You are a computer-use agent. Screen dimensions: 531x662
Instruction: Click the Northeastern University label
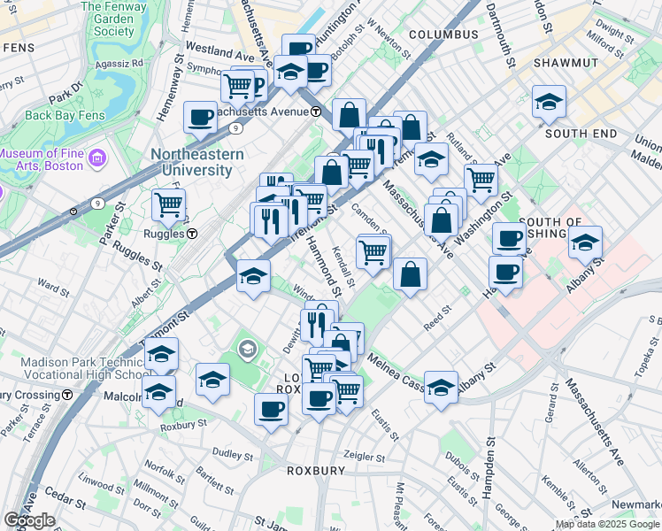click(209, 161)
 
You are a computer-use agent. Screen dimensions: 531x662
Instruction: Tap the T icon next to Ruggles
click(192, 235)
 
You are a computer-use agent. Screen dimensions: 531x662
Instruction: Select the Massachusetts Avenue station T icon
click(316, 112)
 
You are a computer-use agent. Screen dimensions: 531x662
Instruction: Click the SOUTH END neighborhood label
click(581, 134)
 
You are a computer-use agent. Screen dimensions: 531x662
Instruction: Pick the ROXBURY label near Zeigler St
click(315, 471)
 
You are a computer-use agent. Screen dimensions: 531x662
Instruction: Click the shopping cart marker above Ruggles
click(168, 204)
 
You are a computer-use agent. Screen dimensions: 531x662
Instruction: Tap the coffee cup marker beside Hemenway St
click(201, 117)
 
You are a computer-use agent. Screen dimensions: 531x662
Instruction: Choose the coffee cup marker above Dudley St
click(272, 409)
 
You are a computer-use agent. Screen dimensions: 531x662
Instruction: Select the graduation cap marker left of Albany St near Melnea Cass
click(441, 387)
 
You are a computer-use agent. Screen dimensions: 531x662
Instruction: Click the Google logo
click(29, 520)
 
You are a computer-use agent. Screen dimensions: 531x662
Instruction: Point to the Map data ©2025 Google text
click(607, 524)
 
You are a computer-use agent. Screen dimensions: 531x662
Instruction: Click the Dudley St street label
click(233, 454)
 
